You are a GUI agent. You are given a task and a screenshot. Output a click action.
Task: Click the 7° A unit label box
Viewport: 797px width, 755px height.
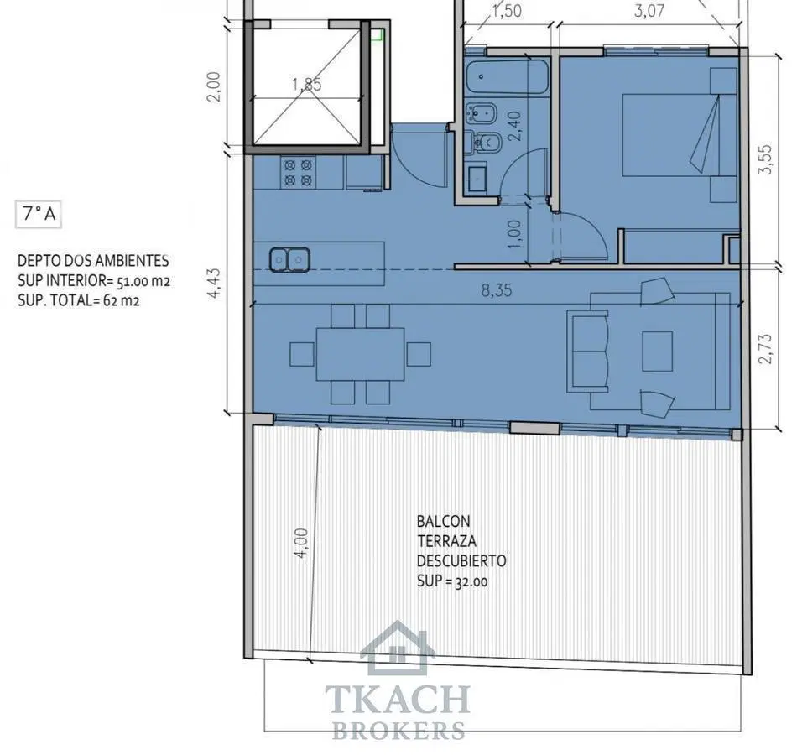click(39, 215)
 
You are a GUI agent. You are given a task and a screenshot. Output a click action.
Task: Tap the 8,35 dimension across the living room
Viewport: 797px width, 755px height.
click(497, 291)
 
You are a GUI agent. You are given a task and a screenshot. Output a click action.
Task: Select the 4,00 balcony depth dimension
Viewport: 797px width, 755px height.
click(301, 543)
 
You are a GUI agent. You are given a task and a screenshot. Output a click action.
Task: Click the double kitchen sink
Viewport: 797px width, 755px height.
click(289, 260)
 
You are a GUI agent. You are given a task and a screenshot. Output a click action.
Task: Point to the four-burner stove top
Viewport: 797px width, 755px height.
click(298, 172)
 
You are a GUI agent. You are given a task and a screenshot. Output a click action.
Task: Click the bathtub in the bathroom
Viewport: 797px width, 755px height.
click(508, 77)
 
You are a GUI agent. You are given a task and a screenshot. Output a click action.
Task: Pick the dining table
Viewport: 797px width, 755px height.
click(361, 354)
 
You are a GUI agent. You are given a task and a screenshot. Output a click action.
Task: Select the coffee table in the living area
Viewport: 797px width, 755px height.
click(657, 351)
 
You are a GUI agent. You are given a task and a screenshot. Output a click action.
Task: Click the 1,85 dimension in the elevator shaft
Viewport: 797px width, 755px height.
click(307, 84)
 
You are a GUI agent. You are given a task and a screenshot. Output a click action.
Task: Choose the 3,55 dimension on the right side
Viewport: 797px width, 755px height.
click(765, 159)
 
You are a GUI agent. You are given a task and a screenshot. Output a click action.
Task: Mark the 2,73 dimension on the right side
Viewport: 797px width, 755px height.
click(765, 348)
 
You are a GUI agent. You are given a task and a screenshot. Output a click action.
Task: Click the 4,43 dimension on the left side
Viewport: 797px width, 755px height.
click(215, 283)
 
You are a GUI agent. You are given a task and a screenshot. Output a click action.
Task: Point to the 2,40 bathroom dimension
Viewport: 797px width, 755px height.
click(514, 126)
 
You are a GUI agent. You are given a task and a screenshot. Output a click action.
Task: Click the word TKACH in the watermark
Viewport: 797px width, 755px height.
click(398, 700)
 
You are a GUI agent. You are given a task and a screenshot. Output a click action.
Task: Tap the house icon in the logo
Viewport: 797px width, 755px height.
click(398, 648)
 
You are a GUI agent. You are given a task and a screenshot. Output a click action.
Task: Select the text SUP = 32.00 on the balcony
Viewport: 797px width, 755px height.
click(452, 581)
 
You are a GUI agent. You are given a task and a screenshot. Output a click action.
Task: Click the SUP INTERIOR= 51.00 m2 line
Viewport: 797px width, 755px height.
click(94, 281)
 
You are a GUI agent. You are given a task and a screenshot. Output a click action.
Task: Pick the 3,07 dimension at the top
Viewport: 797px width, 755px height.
click(649, 11)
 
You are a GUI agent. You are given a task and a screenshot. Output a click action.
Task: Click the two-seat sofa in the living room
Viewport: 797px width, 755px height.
click(588, 351)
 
